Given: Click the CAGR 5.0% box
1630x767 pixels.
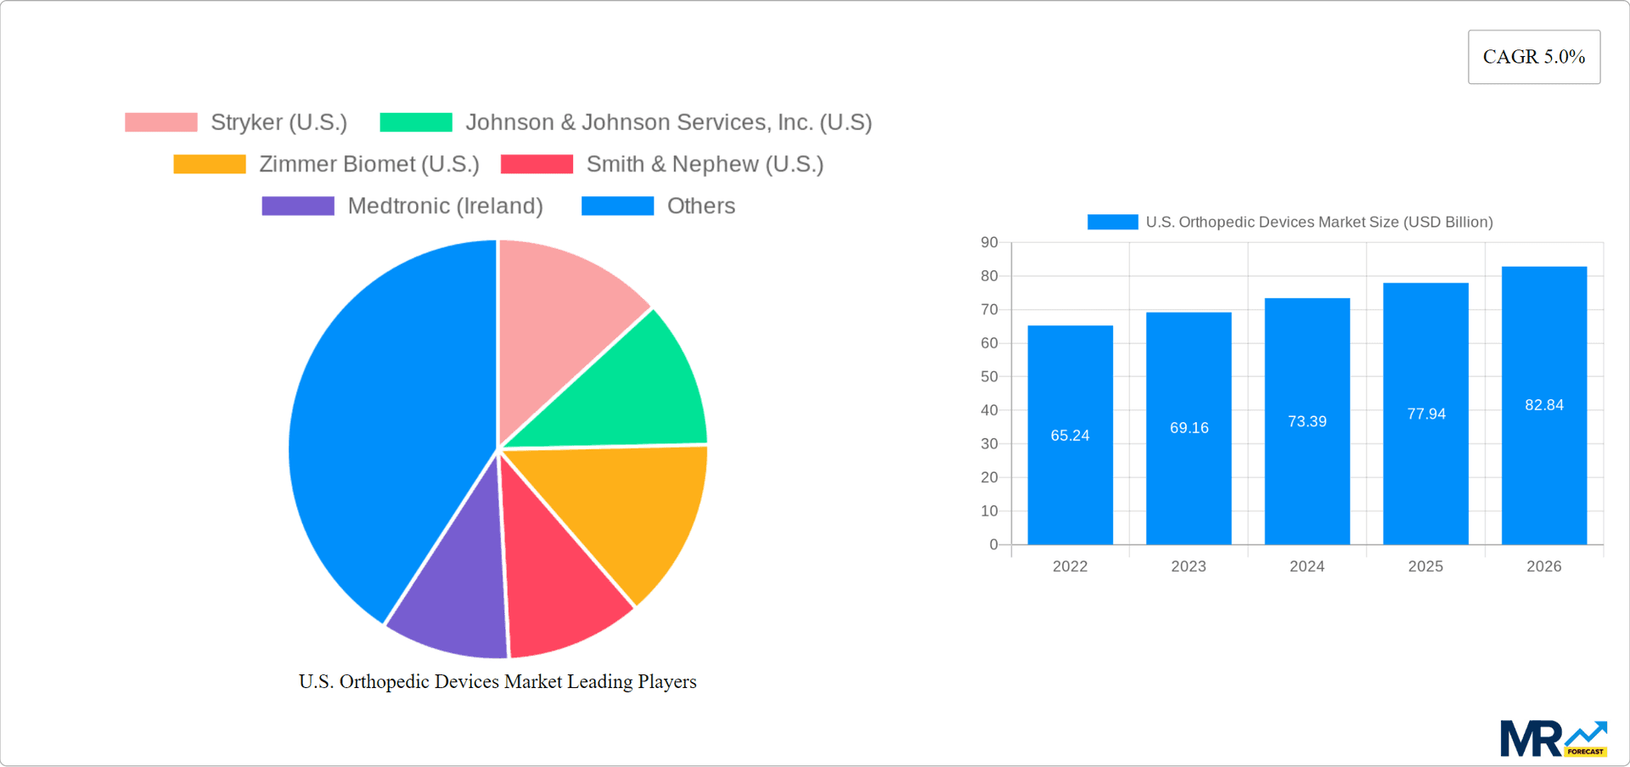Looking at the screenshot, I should [x=1533, y=57].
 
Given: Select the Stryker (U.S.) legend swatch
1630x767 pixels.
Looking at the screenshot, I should [x=160, y=122].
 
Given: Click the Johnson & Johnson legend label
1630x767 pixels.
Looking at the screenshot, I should [x=668, y=122].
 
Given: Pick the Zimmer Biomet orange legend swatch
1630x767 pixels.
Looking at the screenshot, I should [x=209, y=164].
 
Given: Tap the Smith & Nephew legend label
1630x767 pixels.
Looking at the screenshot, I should [x=705, y=164].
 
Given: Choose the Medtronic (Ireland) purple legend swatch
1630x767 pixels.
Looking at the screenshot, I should [x=297, y=206].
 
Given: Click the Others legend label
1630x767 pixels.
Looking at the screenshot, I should [x=700, y=206].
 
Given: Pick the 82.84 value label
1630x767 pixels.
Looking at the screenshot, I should [x=1543, y=405].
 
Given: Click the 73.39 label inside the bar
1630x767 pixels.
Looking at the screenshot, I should [x=1307, y=421].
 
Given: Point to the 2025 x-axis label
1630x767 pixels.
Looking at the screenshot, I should [x=1425, y=567].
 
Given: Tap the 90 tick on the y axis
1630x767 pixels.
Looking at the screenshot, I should [x=989, y=243].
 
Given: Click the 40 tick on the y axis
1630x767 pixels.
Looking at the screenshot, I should [x=989, y=410].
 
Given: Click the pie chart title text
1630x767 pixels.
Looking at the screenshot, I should [x=497, y=681].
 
